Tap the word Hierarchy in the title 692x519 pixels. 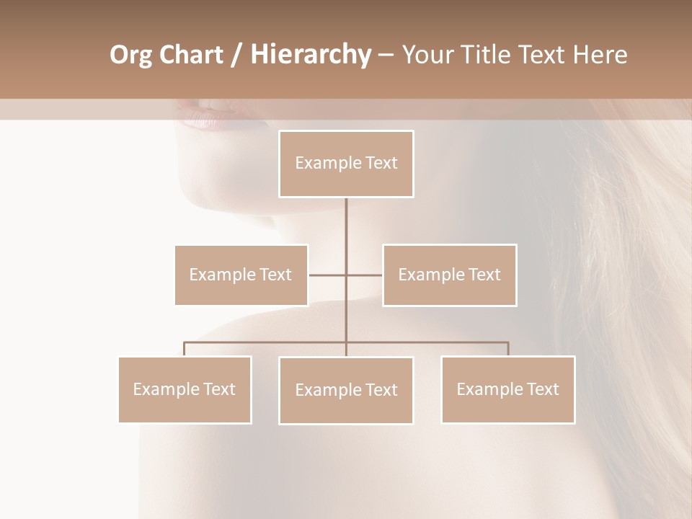pos(310,55)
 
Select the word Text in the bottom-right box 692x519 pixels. pos(543,389)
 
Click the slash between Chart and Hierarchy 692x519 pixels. pos(236,55)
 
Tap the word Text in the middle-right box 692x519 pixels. pos(484,275)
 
